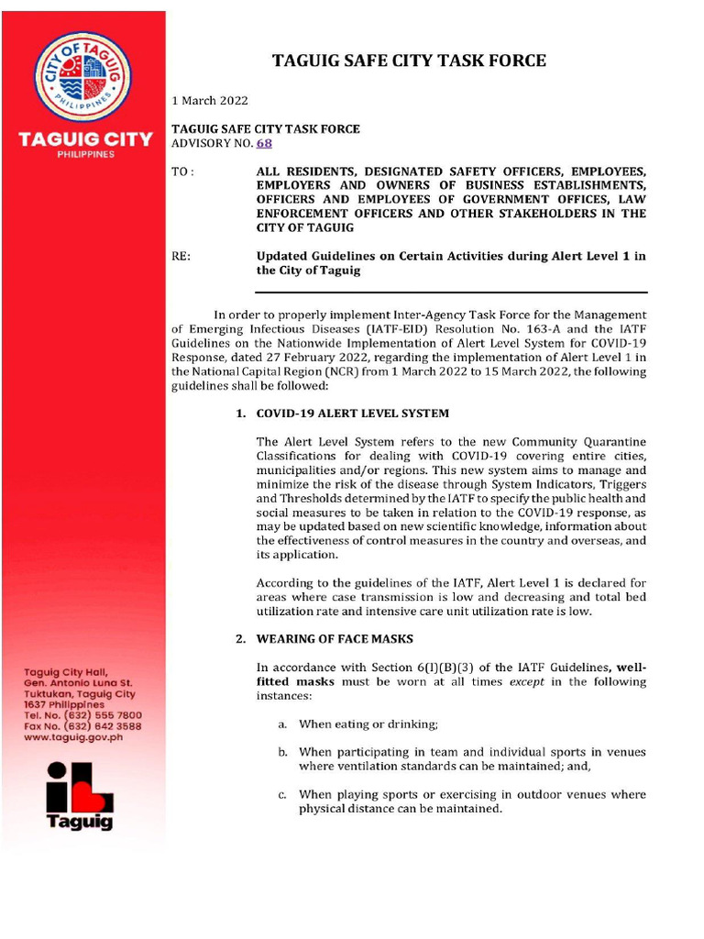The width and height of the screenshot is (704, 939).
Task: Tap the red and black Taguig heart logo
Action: click(x=82, y=792)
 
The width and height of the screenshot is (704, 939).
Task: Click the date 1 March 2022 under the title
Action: click(x=210, y=100)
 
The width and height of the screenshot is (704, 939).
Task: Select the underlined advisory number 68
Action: click(x=264, y=143)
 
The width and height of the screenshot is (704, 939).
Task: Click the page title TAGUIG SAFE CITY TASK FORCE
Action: click(x=410, y=61)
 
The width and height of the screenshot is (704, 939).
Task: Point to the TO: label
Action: click(x=183, y=172)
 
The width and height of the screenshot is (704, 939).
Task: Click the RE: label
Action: click(x=181, y=257)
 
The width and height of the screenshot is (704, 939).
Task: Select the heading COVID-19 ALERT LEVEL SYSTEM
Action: click(x=352, y=414)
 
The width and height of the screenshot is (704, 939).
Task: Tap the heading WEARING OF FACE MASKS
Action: click(x=335, y=638)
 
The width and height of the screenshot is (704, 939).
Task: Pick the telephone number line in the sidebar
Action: click(x=82, y=714)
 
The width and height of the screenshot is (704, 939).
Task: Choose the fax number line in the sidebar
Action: click(x=82, y=725)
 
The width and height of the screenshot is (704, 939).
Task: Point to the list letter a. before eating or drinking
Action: click(x=283, y=724)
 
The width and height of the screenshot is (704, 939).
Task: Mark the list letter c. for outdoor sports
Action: click(x=283, y=795)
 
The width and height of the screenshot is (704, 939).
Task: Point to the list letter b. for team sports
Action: click(x=283, y=752)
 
